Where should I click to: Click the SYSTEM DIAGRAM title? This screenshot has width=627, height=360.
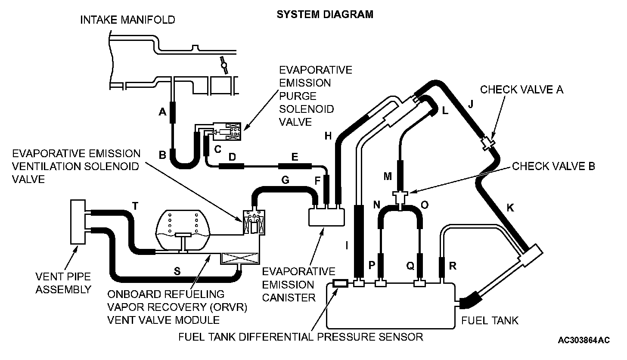point(324,15)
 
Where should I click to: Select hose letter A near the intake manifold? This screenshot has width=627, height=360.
point(162,112)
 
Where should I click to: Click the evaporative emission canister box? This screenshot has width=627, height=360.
point(327,215)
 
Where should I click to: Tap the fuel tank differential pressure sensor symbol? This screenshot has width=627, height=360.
point(341,283)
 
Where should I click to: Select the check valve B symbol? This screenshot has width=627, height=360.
point(400,199)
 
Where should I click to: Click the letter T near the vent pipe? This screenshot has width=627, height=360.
point(135,206)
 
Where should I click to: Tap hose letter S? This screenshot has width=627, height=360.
point(177,272)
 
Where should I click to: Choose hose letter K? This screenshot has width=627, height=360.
point(510,208)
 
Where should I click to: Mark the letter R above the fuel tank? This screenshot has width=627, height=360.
point(453,266)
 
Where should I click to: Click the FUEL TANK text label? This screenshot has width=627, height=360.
point(490,321)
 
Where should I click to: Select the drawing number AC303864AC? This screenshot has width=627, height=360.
point(584,340)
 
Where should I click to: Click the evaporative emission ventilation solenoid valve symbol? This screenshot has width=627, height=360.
point(254,223)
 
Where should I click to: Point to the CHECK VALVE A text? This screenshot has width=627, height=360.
point(521,90)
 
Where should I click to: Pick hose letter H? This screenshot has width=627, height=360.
point(329,136)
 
